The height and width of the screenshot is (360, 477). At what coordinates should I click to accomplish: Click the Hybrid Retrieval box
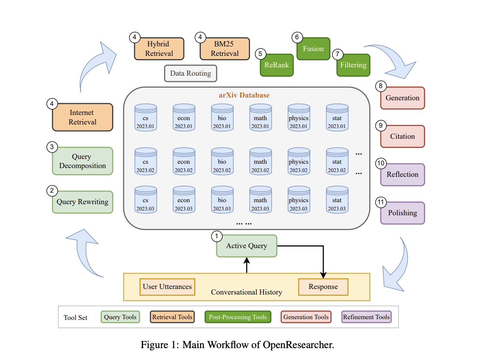tap(159, 49)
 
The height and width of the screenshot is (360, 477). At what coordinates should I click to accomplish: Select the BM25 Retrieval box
tap(225, 49)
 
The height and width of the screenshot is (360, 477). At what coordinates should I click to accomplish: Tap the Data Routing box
tap(191, 73)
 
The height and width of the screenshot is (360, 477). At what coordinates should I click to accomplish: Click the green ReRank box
tap(277, 65)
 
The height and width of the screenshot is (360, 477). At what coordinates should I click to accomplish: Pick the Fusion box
tap(313, 49)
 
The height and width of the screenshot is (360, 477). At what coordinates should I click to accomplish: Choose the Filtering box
tap(353, 65)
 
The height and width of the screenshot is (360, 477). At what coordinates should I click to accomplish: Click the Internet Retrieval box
tap(82, 117)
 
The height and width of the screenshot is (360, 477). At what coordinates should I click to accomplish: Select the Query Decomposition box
tap(82, 161)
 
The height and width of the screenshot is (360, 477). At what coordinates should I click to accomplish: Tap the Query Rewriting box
tap(82, 202)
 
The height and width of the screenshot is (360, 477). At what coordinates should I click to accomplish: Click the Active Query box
tap(246, 246)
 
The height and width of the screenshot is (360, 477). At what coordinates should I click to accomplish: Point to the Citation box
tap(403, 136)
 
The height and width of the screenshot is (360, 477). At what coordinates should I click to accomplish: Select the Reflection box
tap(403, 174)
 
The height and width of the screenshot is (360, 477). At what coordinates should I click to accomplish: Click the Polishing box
tap(403, 213)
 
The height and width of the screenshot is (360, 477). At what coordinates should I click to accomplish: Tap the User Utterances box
tap(167, 287)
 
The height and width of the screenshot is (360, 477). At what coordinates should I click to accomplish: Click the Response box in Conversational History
tap(323, 287)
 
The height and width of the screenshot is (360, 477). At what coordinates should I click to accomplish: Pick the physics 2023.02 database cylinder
tap(298, 162)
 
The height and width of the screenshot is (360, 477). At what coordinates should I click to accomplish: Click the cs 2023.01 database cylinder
tap(145, 118)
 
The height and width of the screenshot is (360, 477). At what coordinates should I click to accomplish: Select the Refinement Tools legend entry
tap(366, 317)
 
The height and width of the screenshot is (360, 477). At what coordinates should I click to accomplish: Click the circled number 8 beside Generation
tap(381, 86)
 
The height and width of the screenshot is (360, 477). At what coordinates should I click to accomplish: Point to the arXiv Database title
tap(244, 95)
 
